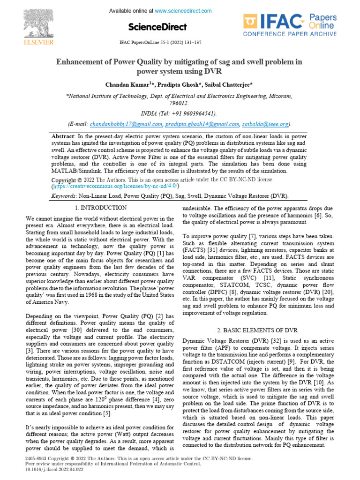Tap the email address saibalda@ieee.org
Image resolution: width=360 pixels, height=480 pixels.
click(x=266, y=124)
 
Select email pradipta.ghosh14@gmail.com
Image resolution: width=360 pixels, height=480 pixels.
click(x=202, y=124)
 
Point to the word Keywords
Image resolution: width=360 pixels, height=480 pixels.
click(x=63, y=196)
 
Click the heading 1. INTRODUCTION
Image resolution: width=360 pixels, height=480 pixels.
click(x=100, y=208)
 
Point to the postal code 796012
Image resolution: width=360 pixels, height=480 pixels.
click(x=179, y=103)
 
